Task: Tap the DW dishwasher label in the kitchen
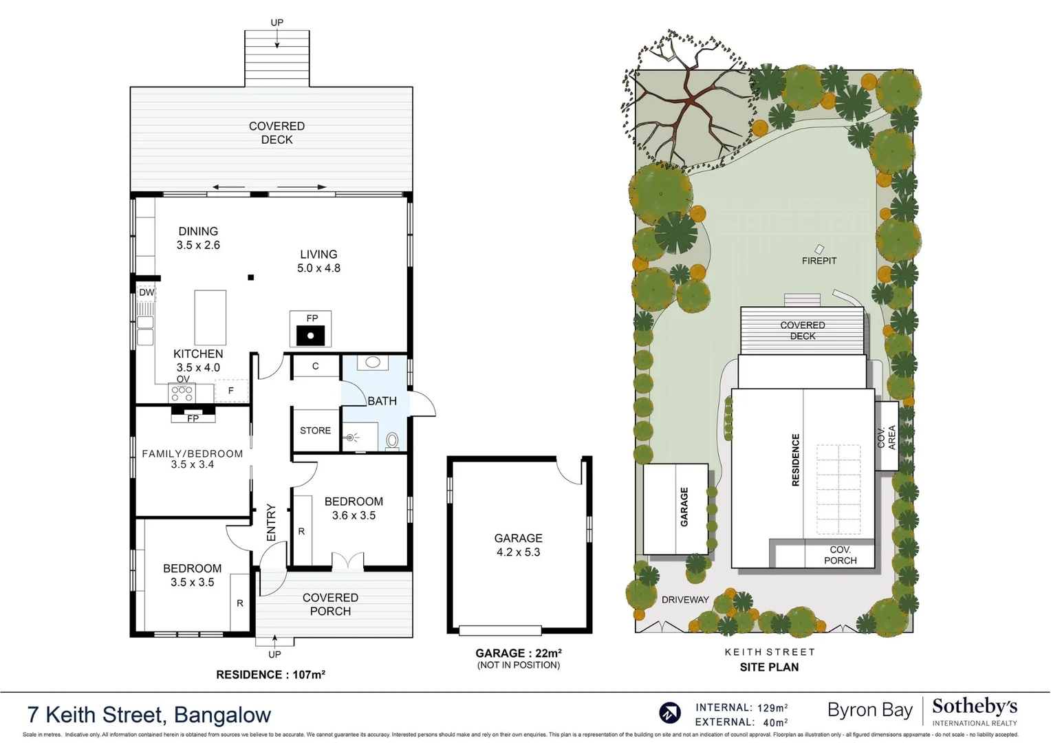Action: point(147,292)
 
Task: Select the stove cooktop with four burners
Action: point(182,393)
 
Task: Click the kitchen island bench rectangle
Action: point(210,317)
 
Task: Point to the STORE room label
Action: point(315,431)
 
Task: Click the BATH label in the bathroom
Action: point(382,401)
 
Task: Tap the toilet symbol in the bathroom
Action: point(392,440)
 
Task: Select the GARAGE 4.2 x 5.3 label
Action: point(518,545)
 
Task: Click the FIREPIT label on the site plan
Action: point(819,261)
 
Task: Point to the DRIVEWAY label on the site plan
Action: point(684,599)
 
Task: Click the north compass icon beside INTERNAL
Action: point(669,713)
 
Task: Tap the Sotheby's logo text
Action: point(974,707)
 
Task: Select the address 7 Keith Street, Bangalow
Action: point(149,715)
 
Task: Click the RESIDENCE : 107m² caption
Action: point(270,675)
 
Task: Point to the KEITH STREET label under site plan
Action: point(769,652)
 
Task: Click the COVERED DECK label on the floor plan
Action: point(277,133)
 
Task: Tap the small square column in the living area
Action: point(251,277)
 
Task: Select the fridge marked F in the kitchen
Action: point(231,391)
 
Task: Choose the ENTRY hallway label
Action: point(270,522)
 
